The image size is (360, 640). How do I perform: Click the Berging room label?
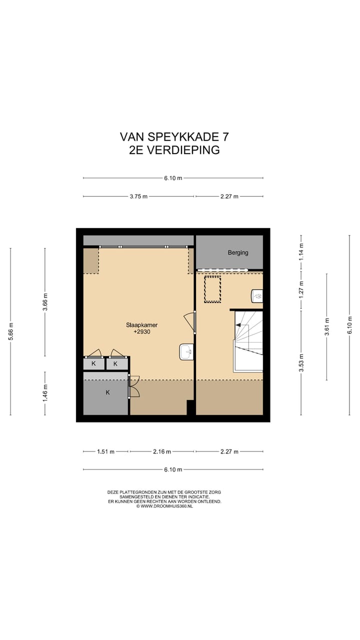pos(238,252)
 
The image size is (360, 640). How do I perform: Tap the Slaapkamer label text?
pos(141,325)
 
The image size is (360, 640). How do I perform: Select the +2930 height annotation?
pos(142,331)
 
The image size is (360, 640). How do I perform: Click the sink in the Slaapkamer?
pos(186,352)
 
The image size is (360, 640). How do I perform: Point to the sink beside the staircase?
pos(257,296)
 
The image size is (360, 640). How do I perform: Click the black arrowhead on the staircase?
pos(237,325)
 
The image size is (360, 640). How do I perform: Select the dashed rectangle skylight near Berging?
pos(212,289)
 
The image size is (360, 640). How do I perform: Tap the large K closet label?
pos(107,392)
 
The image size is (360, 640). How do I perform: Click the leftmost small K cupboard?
pos(93,364)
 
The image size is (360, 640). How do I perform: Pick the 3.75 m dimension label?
pos(138,196)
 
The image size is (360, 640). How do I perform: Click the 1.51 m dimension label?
pos(105,451)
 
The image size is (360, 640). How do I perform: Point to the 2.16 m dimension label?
pos(162,451)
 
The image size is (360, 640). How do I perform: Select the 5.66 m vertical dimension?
pos(10,331)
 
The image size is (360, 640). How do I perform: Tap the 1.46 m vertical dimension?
pos(45,392)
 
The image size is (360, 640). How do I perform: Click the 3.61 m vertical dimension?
pos(327,327)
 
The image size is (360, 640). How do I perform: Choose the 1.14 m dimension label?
pos(301,251)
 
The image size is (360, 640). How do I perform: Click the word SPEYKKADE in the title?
pos(183,137)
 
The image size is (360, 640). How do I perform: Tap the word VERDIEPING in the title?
pos(183,150)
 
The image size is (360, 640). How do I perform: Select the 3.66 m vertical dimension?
pos(45,302)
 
